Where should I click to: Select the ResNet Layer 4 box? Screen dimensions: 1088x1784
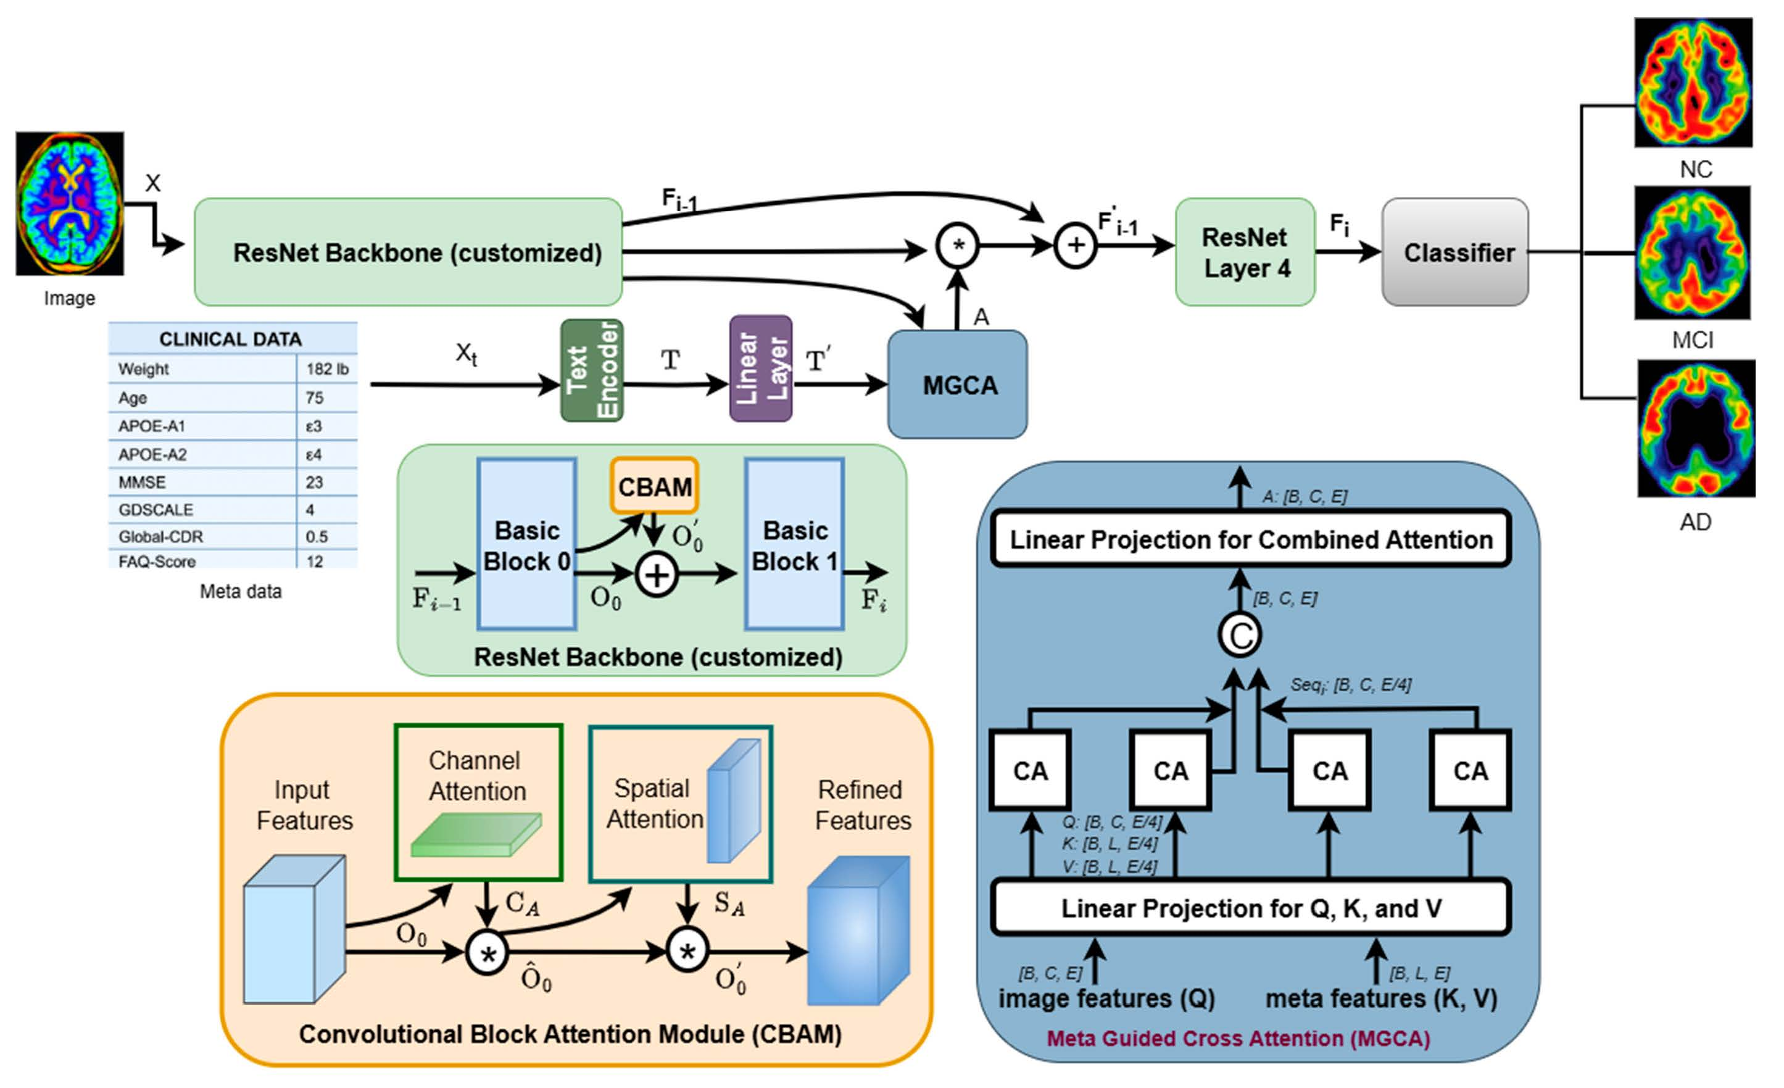coord(1245,252)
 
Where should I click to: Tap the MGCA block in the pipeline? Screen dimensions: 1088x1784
coord(956,384)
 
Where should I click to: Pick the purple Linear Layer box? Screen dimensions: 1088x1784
coord(760,368)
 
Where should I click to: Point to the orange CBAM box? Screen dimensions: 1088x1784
coord(653,486)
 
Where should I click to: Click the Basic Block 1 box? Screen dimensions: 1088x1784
coord(794,544)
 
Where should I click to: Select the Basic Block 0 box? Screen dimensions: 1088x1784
coord(526,544)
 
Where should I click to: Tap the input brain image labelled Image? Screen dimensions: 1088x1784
coord(70,204)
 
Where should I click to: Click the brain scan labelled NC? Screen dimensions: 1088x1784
coord(1693,83)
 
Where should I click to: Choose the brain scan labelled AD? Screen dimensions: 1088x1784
coord(1696,428)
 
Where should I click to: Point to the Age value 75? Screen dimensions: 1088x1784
coord(314,397)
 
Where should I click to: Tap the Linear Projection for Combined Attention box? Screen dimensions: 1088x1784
coord(1250,539)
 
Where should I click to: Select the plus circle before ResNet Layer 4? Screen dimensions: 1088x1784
coord(1075,246)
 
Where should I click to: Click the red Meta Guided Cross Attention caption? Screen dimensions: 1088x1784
coord(1238,1039)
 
